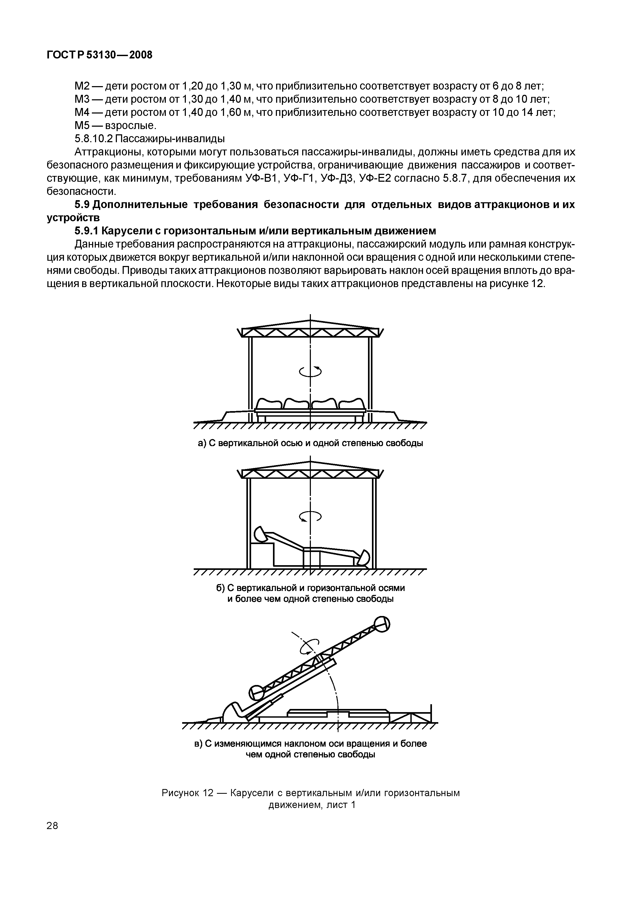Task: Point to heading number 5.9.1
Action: coord(87,231)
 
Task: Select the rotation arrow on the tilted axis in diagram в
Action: coord(310,647)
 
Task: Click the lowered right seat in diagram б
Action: coord(364,557)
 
